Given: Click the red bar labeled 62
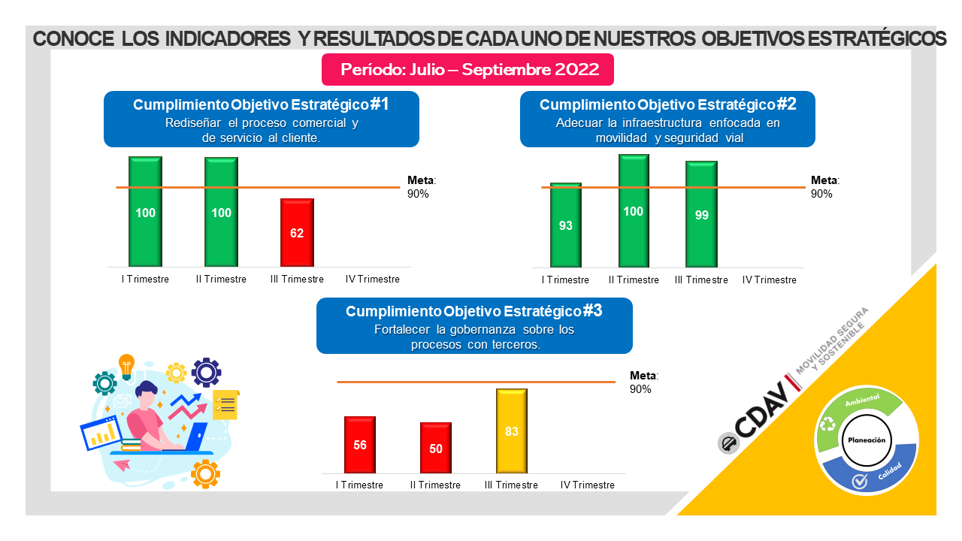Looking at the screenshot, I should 297,232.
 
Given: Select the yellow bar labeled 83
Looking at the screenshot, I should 512,431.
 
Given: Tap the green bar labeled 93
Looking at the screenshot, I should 565,225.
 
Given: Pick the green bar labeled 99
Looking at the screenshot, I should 701,214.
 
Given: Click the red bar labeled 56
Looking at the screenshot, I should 359,445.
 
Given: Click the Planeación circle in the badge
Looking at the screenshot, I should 867,440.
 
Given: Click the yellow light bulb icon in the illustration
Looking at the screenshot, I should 126,364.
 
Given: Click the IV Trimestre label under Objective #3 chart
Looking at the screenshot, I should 588,485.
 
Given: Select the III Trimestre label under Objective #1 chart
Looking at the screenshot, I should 297,279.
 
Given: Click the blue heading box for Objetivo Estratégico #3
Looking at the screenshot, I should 474,325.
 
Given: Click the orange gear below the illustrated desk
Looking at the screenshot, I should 205,473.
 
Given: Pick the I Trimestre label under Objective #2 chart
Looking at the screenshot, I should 565,280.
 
